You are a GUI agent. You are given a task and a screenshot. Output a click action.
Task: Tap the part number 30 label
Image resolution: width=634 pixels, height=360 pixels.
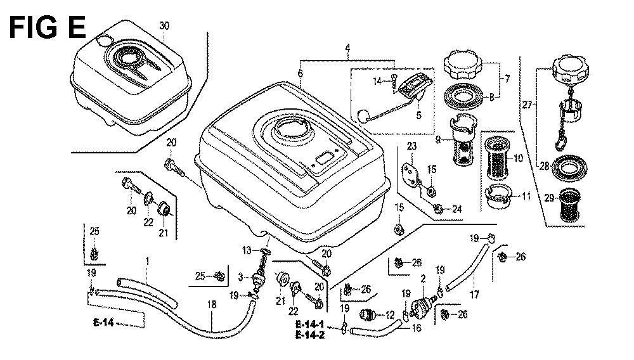pyautogui.click(x=164, y=26)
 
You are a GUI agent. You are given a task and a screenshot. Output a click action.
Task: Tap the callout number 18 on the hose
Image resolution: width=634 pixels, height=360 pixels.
pyautogui.click(x=211, y=305)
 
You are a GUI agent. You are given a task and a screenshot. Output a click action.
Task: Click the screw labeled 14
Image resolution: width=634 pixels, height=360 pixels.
pyautogui.click(x=393, y=80)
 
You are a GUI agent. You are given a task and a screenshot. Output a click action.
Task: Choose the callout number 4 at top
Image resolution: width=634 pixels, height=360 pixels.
pyautogui.click(x=348, y=48)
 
